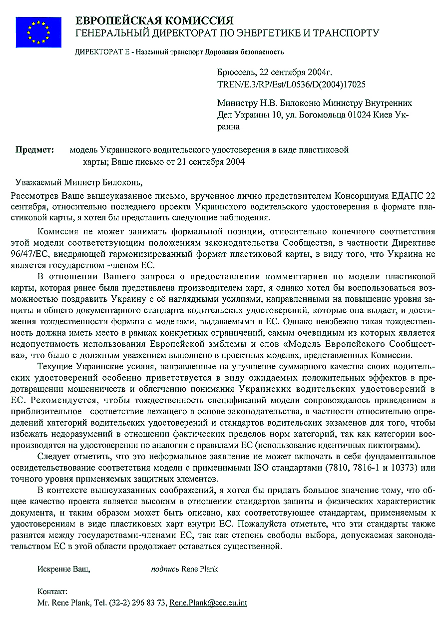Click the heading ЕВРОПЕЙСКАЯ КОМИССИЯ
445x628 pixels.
[x=154, y=20]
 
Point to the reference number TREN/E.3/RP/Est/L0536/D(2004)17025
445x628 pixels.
[x=291, y=84]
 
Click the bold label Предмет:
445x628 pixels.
[x=34, y=150]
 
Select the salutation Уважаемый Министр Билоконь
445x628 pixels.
[x=75, y=182]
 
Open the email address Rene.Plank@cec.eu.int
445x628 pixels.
[x=208, y=603]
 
